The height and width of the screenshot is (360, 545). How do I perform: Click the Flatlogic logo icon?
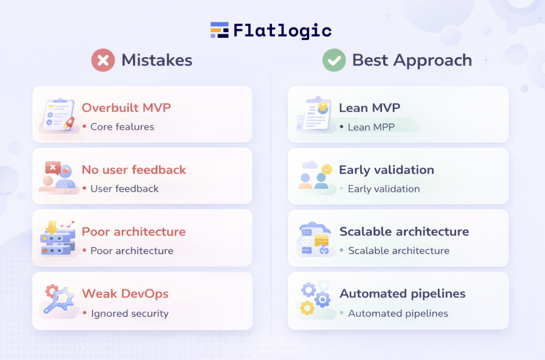coord(219,30)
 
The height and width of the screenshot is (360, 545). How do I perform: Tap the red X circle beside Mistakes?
coord(103,60)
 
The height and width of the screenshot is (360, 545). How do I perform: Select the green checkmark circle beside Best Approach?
coord(334,60)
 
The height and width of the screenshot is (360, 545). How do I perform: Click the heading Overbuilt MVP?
coord(126,108)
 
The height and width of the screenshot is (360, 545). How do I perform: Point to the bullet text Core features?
coord(122,127)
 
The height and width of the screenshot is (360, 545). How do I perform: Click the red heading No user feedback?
coord(134,170)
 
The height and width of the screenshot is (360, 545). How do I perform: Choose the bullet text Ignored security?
coord(130,314)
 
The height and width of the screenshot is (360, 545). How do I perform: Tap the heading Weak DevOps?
coord(125,294)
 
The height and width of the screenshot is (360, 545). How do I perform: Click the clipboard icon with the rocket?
coord(59,115)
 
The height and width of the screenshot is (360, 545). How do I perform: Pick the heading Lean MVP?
coord(369,108)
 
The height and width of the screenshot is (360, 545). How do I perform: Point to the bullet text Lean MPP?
coord(371,127)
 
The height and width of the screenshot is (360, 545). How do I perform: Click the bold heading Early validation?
coord(387,170)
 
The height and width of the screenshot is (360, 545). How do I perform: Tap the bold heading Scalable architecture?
coord(404,232)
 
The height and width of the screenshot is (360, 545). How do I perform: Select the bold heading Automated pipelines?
coord(403,294)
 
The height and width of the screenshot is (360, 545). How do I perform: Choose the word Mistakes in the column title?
coord(157,60)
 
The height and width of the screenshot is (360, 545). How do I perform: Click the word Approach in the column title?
coord(433,61)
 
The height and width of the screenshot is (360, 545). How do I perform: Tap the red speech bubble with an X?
coord(53,168)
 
